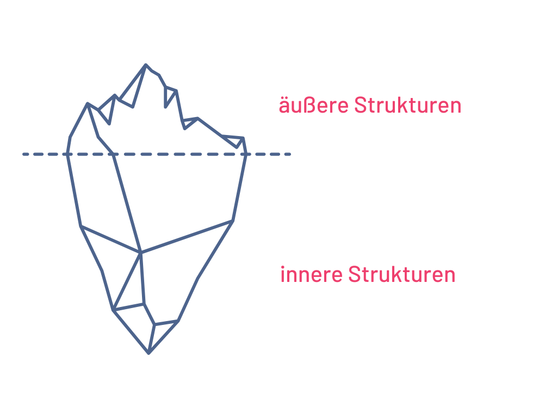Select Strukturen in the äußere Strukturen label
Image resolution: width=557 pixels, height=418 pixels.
[x=407, y=105]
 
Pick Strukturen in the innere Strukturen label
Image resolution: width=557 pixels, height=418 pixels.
[x=401, y=274]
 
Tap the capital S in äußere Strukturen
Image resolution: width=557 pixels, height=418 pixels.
[x=360, y=105]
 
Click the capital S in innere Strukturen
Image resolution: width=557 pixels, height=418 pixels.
[x=354, y=274]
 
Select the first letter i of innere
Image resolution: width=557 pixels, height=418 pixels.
[x=282, y=274]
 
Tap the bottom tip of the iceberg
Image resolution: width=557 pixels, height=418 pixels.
[x=148, y=353]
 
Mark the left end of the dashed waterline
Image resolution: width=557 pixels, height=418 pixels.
[x=24, y=155]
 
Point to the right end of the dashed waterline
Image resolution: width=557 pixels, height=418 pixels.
[x=290, y=155]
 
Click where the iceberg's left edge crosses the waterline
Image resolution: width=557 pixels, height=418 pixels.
[x=67, y=155]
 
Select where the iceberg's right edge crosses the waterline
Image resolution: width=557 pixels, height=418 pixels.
[x=246, y=155]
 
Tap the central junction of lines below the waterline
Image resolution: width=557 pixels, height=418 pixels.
[x=141, y=253]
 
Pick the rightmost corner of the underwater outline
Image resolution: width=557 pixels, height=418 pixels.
[x=233, y=220]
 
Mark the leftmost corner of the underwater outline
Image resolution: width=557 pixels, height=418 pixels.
[x=81, y=226]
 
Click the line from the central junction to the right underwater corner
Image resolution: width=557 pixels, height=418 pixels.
[x=188, y=236]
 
